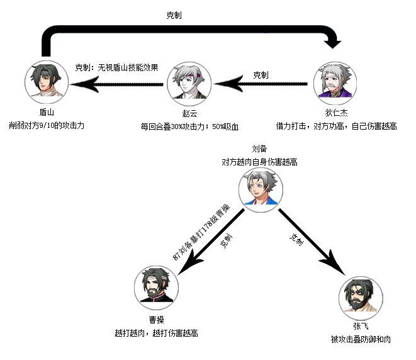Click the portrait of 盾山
coord(47,82)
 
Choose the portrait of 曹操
coord(156,288)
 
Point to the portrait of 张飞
coord(361,297)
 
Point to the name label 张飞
coord(361,327)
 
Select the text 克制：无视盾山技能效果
coord(116,67)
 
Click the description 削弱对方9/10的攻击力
coord(47,125)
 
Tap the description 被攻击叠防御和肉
coord(361,339)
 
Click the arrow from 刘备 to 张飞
coord(312,242)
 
